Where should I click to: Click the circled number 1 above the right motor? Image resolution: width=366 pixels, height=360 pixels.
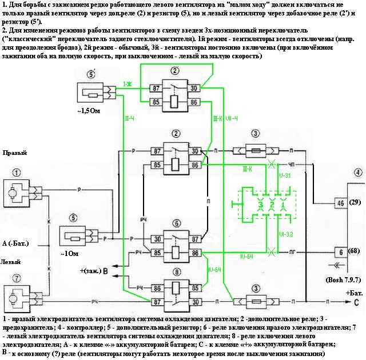[x=18, y=172]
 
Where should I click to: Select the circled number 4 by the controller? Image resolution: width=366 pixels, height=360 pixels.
[x=357, y=172]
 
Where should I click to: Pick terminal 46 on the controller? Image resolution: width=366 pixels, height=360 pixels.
[x=340, y=203]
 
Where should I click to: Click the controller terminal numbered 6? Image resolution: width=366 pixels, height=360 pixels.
[x=340, y=251]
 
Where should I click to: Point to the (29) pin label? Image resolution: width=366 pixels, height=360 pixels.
[x=356, y=203]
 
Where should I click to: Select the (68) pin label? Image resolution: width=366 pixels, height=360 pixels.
[x=356, y=251]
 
